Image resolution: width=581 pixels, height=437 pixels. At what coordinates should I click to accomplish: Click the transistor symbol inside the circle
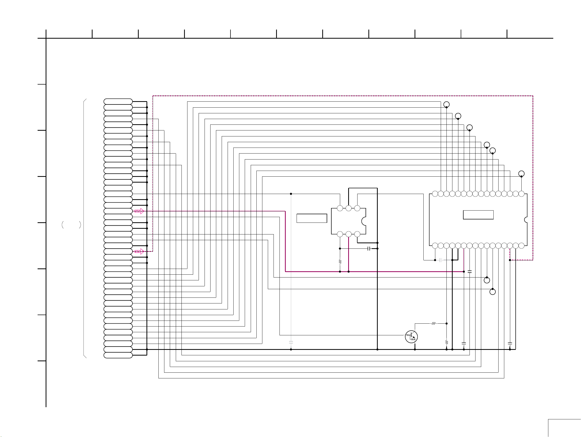[411, 337]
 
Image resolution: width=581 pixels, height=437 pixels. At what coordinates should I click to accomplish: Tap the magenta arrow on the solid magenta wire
[139, 211]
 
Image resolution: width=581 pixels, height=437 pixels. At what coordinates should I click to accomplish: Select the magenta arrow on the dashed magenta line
[139, 252]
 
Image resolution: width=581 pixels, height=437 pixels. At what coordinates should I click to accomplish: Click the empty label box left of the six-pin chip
[312, 218]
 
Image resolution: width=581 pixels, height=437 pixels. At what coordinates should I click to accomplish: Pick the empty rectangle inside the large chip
[478, 215]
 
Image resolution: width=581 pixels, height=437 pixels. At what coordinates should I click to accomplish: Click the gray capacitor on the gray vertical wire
[291, 342]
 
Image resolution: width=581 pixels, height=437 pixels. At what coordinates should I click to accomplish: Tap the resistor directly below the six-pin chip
[340, 262]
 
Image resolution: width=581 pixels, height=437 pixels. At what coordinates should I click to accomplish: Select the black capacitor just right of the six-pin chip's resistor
[369, 249]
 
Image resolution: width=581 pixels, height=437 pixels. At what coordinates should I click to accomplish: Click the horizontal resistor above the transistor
[433, 323]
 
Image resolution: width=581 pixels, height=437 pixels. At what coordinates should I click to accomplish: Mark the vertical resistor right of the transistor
[446, 342]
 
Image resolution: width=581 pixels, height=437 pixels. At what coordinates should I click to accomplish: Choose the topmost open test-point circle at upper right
[446, 105]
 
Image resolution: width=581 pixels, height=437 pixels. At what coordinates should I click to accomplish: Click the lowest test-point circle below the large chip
[493, 292]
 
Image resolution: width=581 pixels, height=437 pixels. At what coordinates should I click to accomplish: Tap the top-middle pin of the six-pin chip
[348, 208]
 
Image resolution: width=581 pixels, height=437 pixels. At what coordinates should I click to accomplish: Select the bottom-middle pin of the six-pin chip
[348, 234]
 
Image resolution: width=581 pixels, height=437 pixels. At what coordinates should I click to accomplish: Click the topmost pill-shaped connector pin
[118, 101]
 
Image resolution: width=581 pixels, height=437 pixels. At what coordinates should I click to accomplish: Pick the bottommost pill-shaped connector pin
[118, 355]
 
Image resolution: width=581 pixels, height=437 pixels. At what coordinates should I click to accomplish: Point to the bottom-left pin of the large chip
[435, 246]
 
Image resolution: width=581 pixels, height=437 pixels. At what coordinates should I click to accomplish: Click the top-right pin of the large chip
[521, 194]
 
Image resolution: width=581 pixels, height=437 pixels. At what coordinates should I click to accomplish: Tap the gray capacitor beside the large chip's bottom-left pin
[441, 260]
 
